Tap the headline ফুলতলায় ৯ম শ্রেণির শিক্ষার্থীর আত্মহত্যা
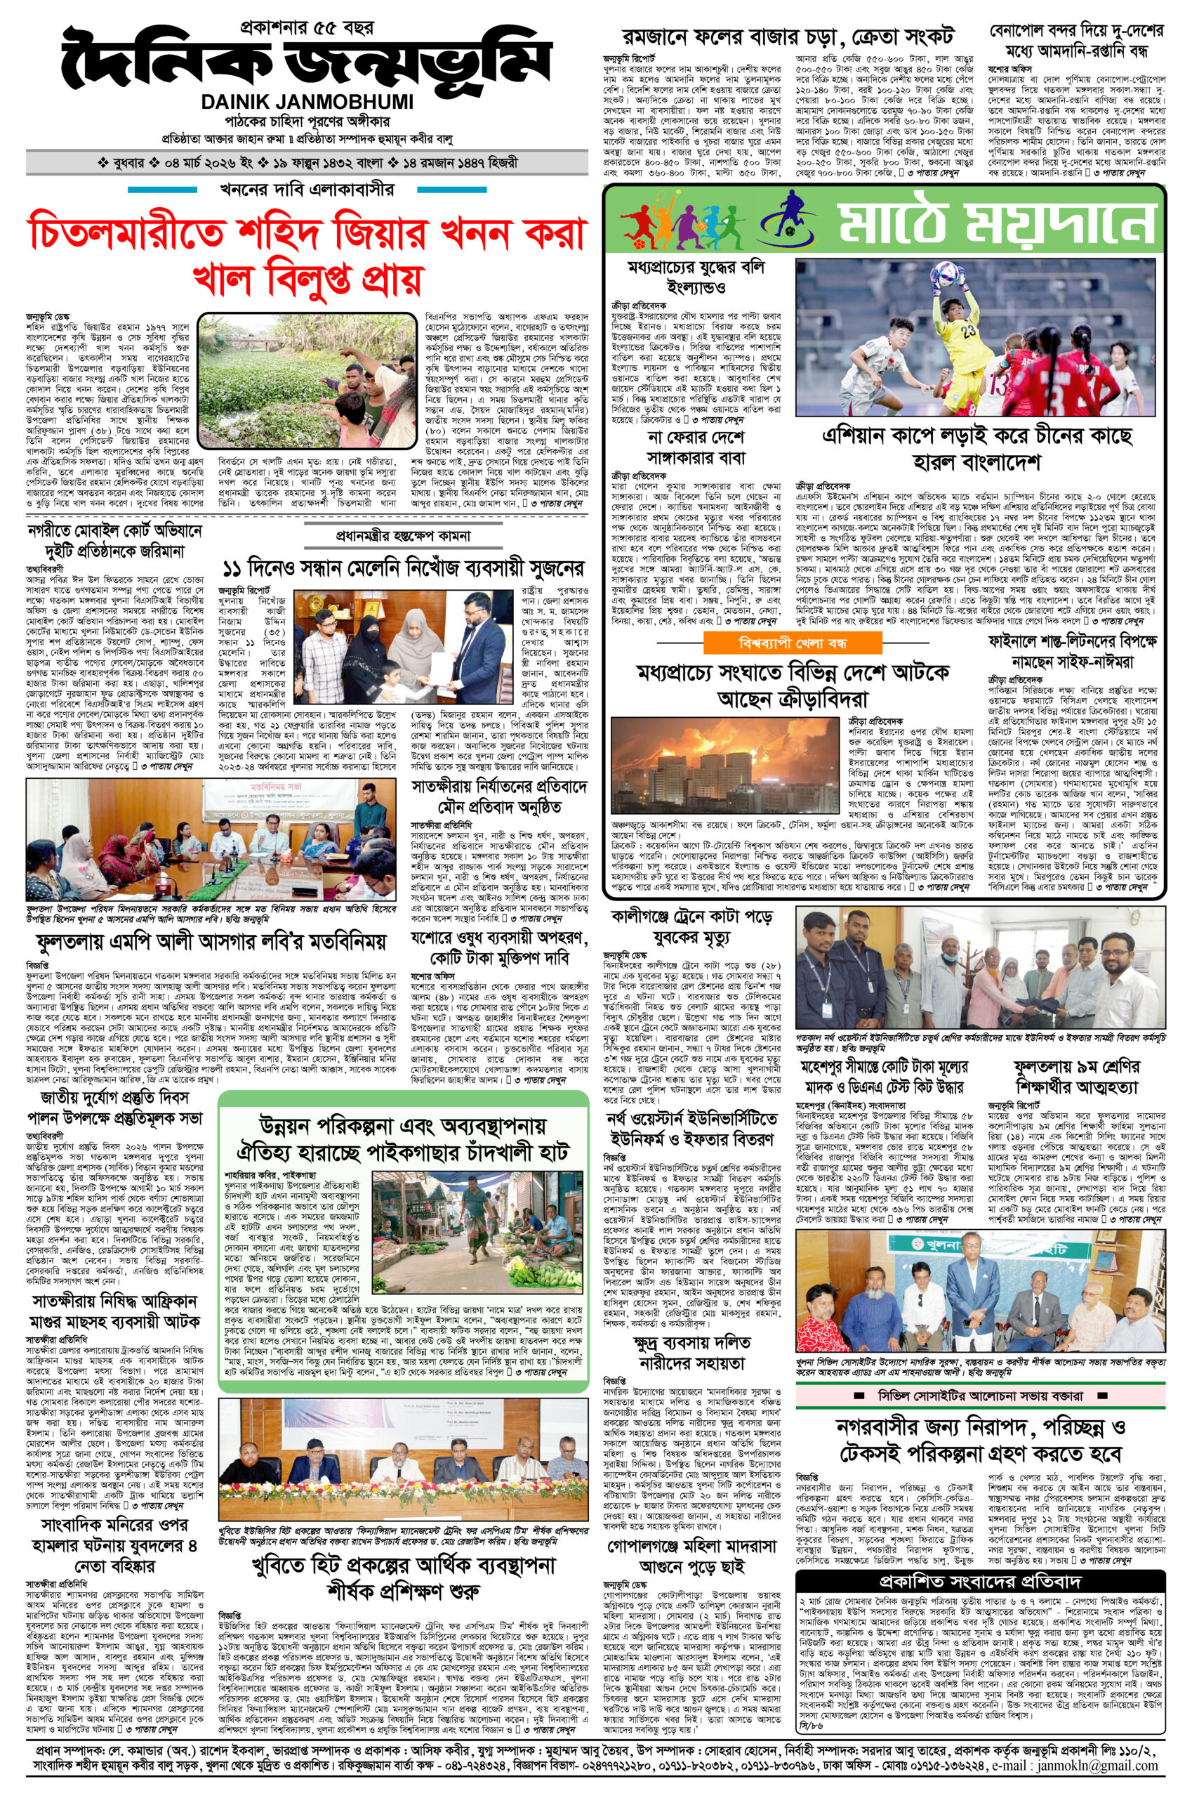(1075, 1079)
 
